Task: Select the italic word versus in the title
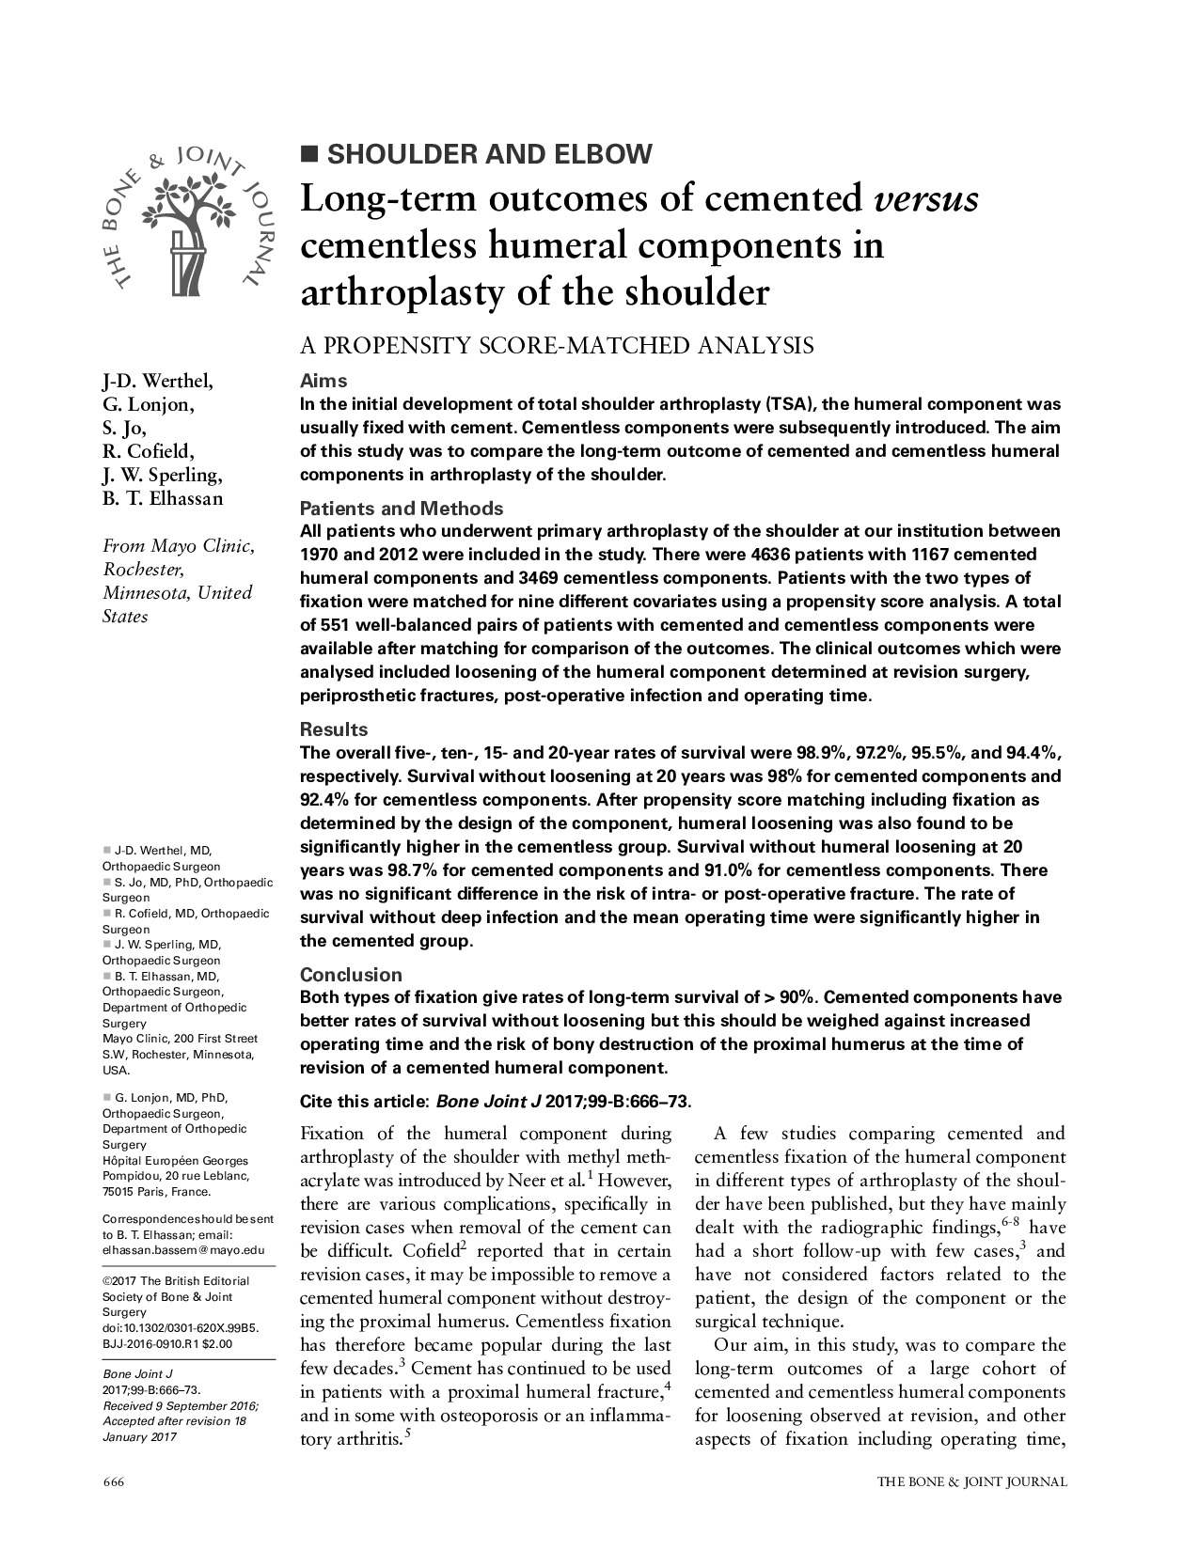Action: [x=925, y=200]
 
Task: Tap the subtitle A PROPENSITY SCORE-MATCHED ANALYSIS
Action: [x=557, y=346]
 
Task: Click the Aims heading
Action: [x=323, y=381]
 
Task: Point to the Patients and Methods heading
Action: [x=402, y=509]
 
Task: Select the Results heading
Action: [x=334, y=729]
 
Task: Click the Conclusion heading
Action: [x=351, y=975]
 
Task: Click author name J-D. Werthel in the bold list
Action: [x=157, y=381]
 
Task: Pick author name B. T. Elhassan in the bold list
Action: [x=163, y=498]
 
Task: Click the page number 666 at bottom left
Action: [x=113, y=1482]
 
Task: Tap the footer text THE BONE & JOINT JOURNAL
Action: [x=972, y=1482]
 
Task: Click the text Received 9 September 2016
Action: [x=180, y=1405]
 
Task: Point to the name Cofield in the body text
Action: [x=379, y=1251]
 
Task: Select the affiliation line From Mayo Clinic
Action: [x=177, y=546]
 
